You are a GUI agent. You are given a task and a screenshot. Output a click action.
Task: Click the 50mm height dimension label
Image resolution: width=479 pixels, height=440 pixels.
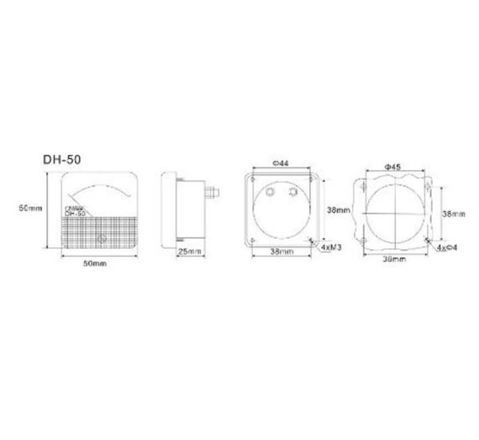[30, 208]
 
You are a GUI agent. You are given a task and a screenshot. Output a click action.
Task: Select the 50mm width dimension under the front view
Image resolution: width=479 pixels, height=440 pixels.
[94, 264]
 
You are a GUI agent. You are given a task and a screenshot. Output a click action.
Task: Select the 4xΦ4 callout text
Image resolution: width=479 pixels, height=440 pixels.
[446, 248]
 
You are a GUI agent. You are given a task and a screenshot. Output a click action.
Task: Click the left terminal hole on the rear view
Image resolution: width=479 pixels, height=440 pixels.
[271, 193]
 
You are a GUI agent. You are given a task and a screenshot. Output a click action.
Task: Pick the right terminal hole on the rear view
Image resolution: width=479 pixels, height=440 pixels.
[293, 193]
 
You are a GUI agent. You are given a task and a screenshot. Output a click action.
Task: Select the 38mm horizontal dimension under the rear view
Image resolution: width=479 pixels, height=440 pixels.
[280, 252]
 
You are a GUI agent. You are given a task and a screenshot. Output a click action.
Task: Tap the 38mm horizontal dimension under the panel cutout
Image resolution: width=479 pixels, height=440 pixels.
[393, 260]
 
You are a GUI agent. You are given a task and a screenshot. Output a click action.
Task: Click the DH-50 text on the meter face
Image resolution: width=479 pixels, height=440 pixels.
[75, 213]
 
